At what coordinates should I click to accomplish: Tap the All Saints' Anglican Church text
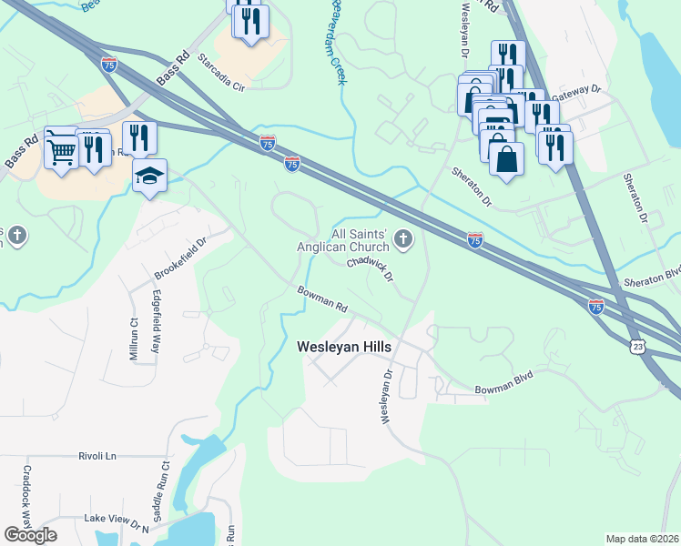click(343, 240)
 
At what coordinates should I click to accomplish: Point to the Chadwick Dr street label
click(370, 270)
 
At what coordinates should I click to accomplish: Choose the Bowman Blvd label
click(502, 383)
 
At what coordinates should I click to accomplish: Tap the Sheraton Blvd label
click(651, 277)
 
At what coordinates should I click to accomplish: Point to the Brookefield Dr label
click(181, 260)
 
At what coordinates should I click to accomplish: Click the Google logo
click(30, 535)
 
